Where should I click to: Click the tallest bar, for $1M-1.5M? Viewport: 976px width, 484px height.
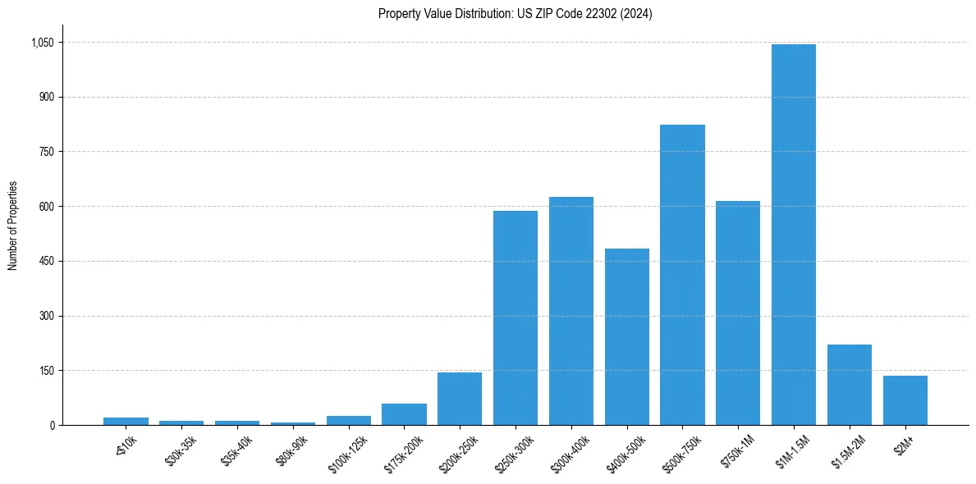794,235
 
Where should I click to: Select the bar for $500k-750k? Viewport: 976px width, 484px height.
682,275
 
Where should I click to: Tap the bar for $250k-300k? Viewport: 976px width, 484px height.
515,318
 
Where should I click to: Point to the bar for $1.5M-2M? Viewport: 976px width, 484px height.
850,385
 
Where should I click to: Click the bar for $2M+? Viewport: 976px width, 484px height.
905,400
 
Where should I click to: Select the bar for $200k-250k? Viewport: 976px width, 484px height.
460,399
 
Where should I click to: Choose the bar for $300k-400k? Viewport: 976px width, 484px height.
571,311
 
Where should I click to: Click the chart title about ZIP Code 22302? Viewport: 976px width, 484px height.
515,14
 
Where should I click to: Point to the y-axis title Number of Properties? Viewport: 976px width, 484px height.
13,226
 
